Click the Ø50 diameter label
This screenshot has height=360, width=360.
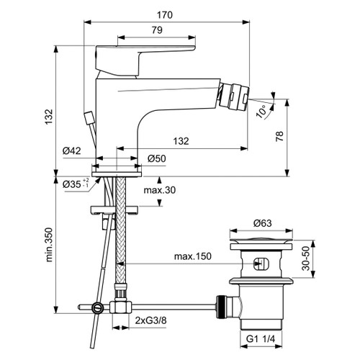[158, 158]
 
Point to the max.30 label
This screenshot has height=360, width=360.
[160, 190]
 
